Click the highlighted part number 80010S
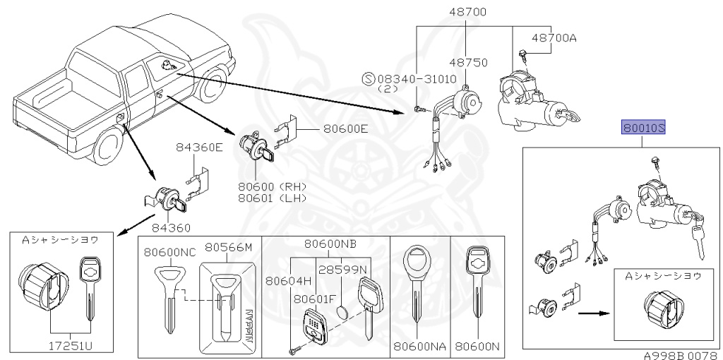click(x=644, y=127)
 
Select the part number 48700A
click(x=554, y=38)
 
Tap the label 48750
click(x=468, y=62)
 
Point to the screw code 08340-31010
click(x=417, y=79)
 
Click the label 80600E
click(x=346, y=129)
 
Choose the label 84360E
click(x=199, y=148)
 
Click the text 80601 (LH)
click(x=273, y=198)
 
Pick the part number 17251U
click(x=71, y=344)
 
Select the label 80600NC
click(x=169, y=252)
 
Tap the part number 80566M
click(x=229, y=248)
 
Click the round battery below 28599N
click(x=343, y=311)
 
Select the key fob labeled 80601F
click(x=313, y=325)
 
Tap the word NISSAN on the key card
click(x=248, y=325)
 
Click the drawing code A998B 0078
click(x=683, y=355)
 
